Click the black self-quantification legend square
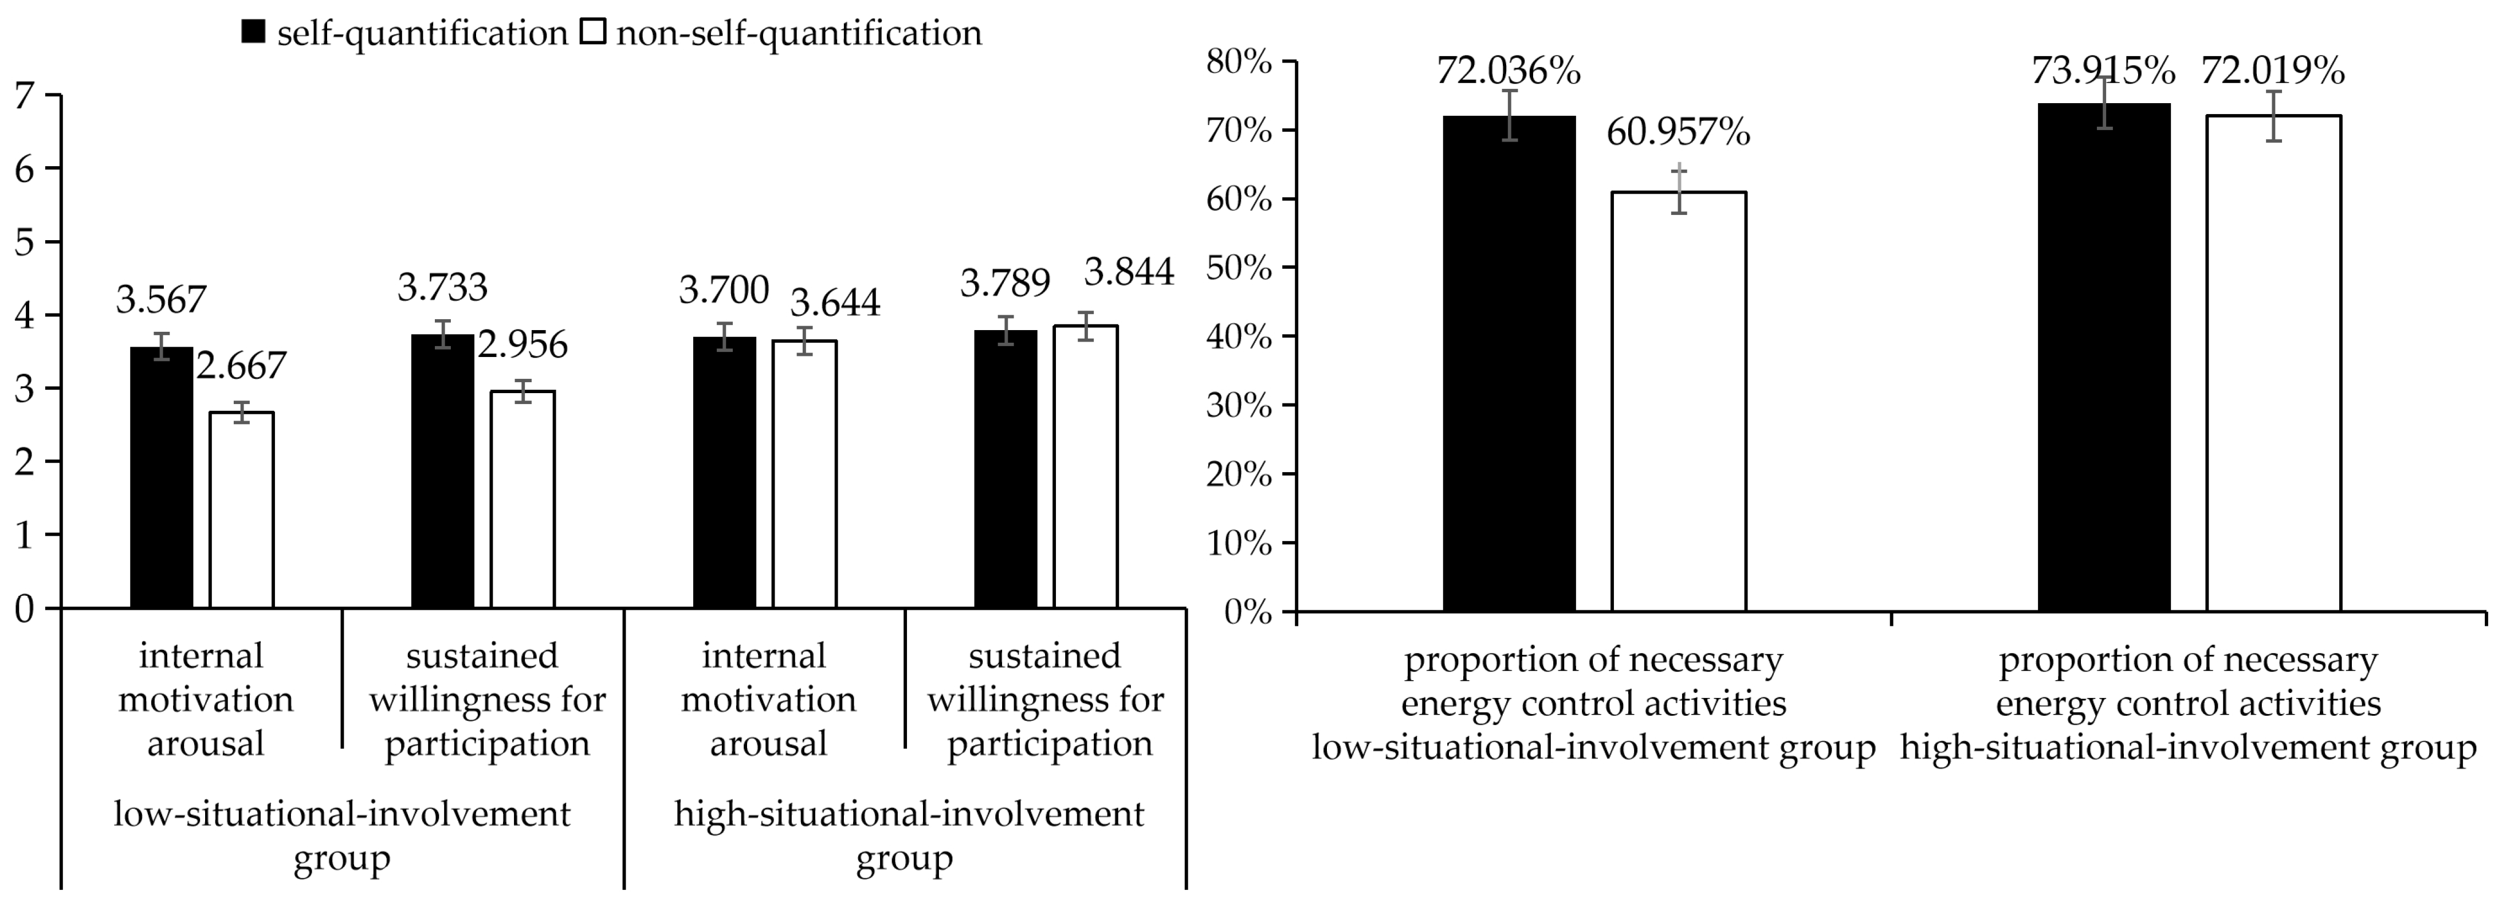(253, 33)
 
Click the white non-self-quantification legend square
(592, 33)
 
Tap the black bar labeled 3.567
(162, 477)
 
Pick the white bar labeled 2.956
(523, 499)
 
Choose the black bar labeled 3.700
(725, 472)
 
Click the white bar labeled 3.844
(1086, 467)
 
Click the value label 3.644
(835, 303)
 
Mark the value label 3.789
(1005, 283)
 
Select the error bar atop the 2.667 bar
(241, 413)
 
